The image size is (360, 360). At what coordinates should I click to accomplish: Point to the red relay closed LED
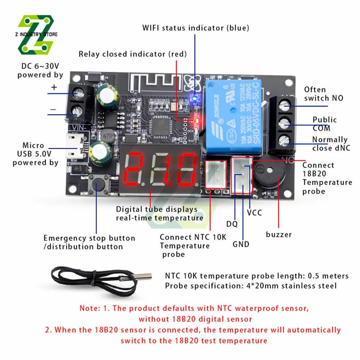tap(197, 121)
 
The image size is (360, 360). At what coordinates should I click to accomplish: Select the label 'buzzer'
tap(279, 235)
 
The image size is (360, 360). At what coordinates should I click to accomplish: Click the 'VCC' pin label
tap(255, 213)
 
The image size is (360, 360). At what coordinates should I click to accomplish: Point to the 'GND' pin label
tap(241, 244)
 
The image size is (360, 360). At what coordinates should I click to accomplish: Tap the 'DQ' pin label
tap(232, 224)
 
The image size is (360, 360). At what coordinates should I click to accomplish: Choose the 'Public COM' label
tap(324, 124)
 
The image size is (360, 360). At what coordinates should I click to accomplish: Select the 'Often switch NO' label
tap(323, 94)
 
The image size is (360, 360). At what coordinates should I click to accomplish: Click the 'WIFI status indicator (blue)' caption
tap(195, 28)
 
